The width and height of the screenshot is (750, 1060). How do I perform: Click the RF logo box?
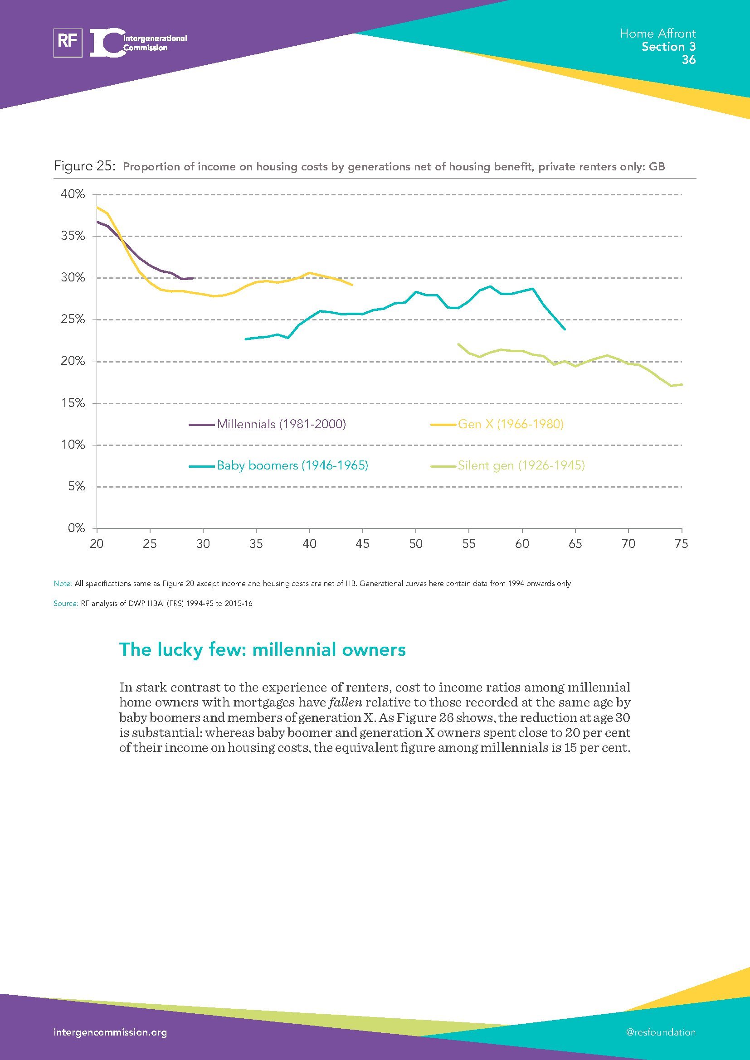(x=68, y=43)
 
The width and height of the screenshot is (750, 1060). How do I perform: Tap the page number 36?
(x=688, y=60)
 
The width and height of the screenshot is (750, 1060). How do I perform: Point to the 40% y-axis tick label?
(x=73, y=194)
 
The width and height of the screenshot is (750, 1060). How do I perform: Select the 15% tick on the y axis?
(x=73, y=403)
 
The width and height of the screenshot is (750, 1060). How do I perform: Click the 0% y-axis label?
(x=76, y=528)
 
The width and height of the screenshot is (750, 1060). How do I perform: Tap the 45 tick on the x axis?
(x=363, y=544)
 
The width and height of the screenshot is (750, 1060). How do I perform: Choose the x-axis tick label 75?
(x=681, y=544)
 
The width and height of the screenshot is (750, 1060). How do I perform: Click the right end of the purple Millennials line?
(x=193, y=278)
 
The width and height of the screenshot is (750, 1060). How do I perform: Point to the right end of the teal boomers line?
(x=565, y=329)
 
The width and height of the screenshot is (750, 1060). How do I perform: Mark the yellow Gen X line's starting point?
(x=97, y=207)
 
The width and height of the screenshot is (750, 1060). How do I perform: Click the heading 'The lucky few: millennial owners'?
(x=262, y=649)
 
